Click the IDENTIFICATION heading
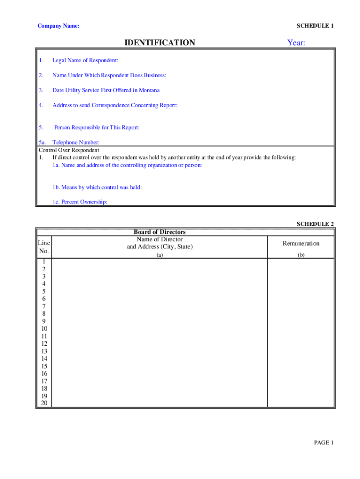point(159,43)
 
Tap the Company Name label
point(58,26)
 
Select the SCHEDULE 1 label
point(315,26)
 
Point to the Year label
point(296,43)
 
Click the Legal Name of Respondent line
point(85,60)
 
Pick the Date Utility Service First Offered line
point(106,90)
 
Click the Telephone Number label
point(76,143)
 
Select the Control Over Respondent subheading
point(69,150)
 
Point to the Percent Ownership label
point(80,202)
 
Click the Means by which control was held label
point(97,187)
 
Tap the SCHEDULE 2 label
point(315,224)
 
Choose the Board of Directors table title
point(159,232)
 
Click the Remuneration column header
point(301,243)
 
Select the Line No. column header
point(44,247)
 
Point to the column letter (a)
point(159,255)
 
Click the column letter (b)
point(301,255)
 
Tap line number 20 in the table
point(44,403)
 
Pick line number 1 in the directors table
point(44,261)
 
